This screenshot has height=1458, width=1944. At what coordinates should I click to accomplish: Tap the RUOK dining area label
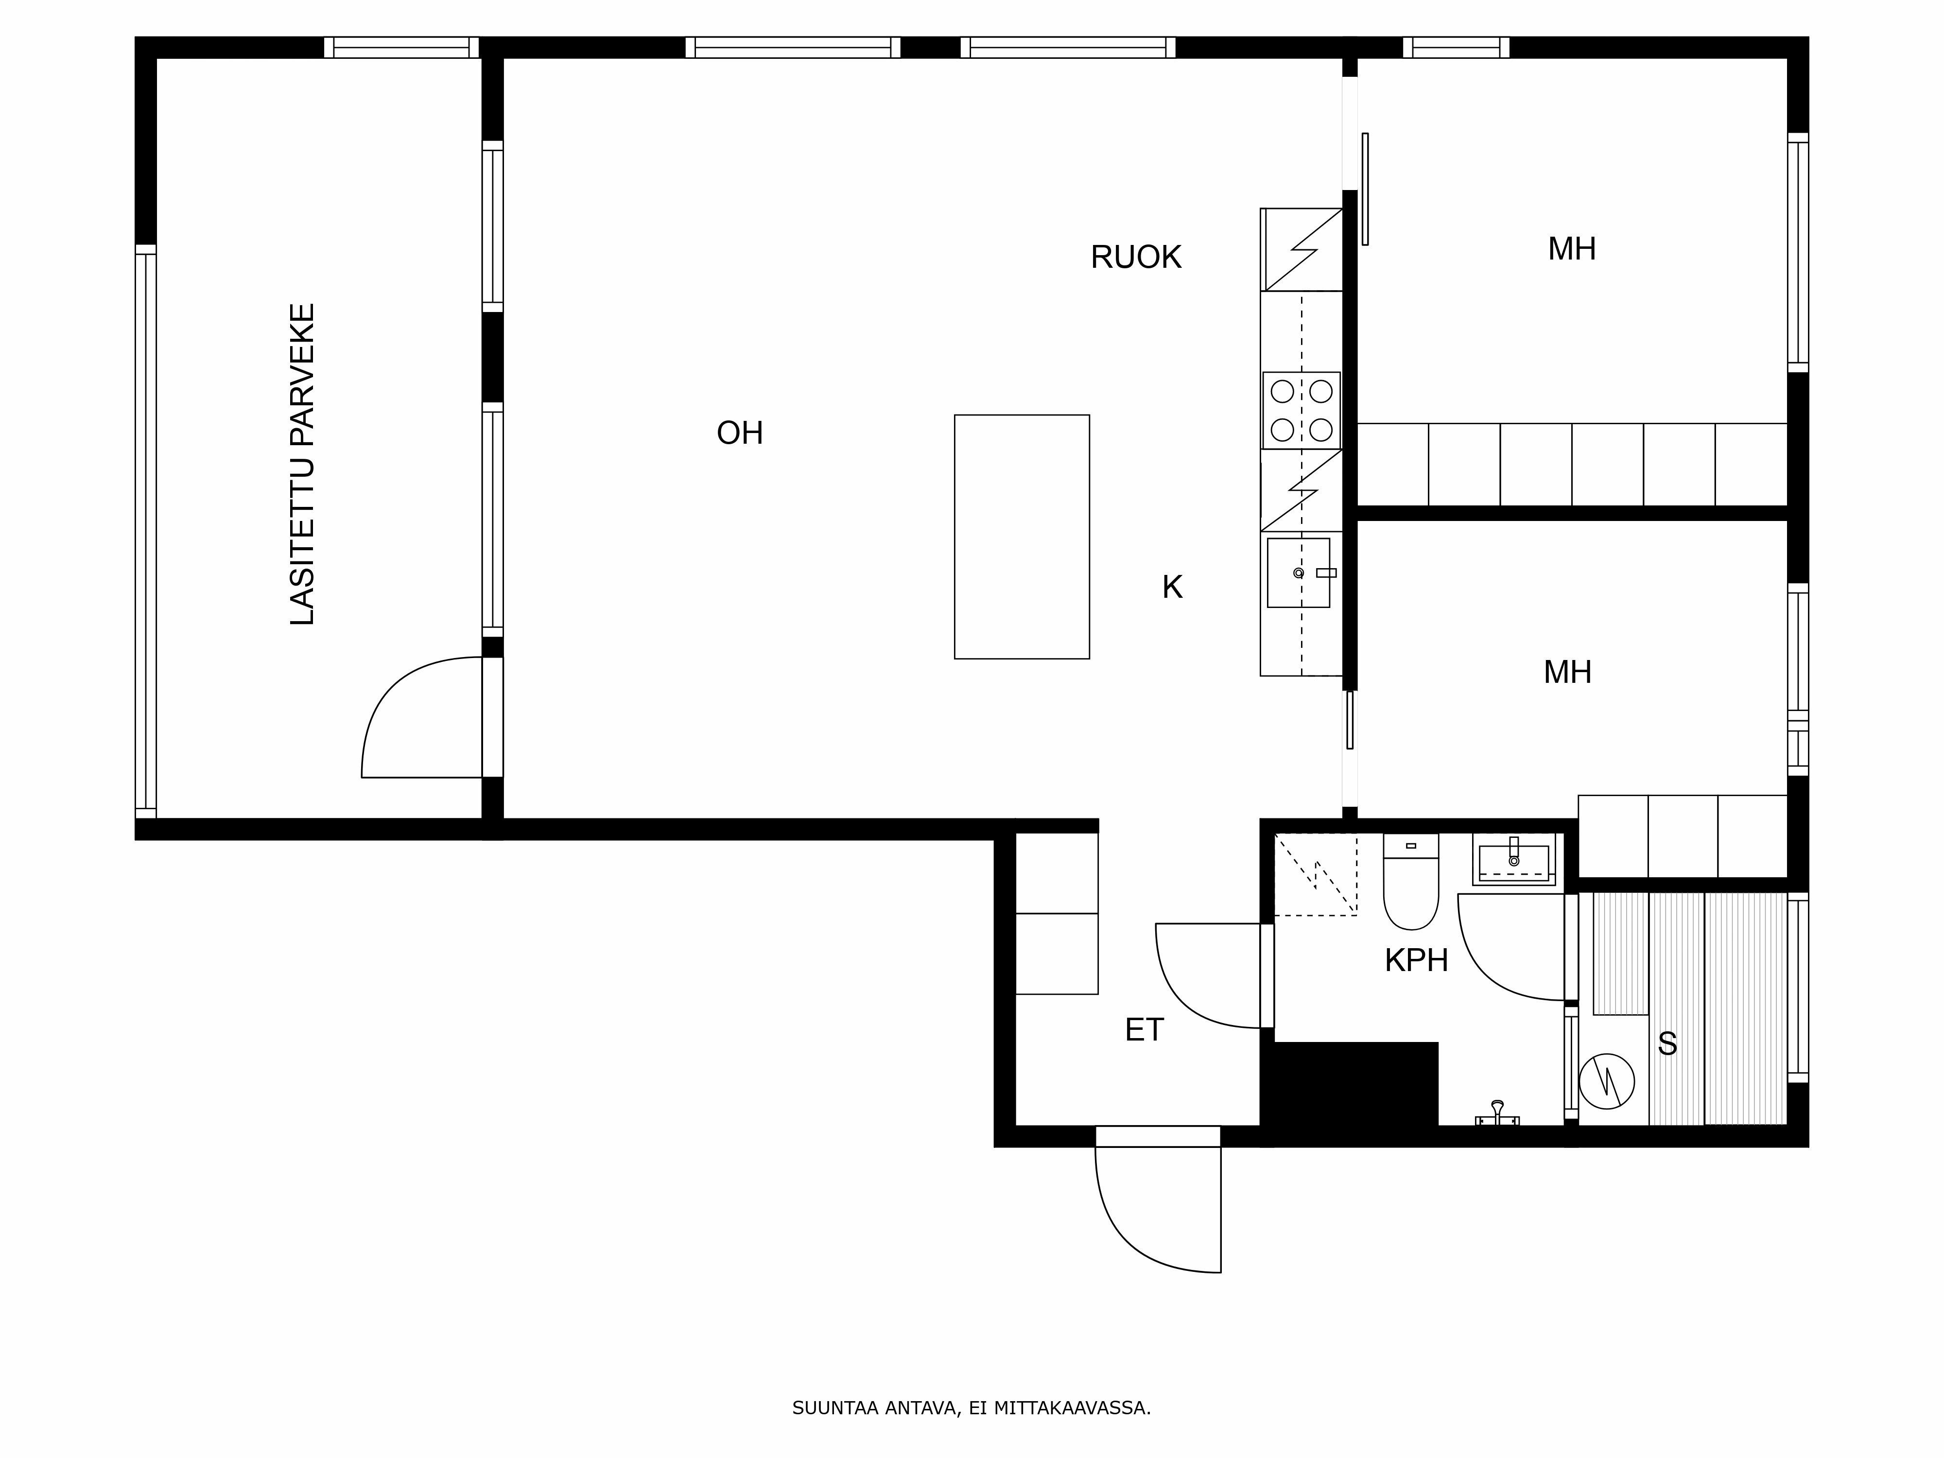[1135, 258]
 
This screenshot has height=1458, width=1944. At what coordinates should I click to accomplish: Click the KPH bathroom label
[1416, 960]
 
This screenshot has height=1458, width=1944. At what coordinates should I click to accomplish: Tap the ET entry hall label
[1144, 1030]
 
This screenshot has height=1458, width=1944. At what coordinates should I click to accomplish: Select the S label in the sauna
[1667, 1044]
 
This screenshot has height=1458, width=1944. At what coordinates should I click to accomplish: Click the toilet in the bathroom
[1410, 883]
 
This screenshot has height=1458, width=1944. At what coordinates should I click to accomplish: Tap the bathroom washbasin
[1513, 861]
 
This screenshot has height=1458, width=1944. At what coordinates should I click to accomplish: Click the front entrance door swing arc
[1134, 1231]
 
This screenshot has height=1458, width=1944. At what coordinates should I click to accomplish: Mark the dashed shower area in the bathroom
[1316, 874]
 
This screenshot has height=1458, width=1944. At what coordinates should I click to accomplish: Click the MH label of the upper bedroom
[1571, 250]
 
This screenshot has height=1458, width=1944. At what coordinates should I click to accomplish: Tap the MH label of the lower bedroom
[1567, 672]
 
